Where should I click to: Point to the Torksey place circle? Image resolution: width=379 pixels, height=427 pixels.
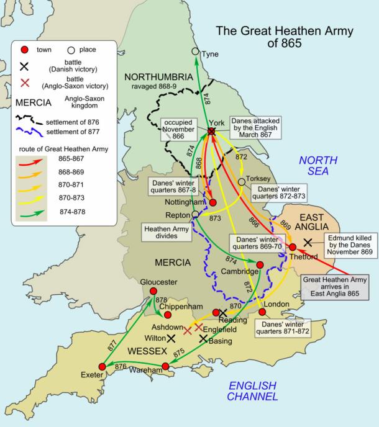[x=241, y=182]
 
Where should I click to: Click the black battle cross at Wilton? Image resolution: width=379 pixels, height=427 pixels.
[x=171, y=338]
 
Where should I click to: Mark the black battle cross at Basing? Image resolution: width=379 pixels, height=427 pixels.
[x=203, y=338]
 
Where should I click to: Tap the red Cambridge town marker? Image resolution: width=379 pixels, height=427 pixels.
[x=260, y=265]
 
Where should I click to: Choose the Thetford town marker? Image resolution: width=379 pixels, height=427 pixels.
[x=293, y=247]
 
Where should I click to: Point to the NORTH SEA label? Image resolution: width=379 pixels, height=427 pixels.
[x=317, y=166]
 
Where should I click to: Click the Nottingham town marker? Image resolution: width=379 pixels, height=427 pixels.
[x=212, y=202]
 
